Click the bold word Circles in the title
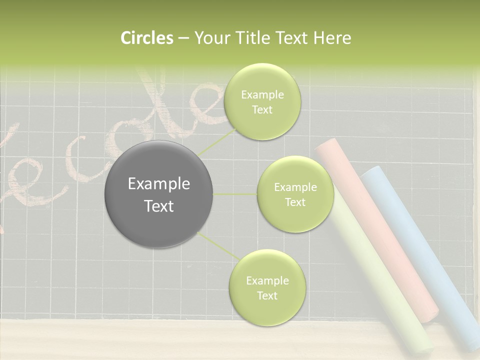pos(146,38)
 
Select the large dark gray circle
pos(159,194)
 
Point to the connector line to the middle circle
pos(235,194)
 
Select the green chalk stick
pos(380,280)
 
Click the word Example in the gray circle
pos(159,184)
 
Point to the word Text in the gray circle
pos(159,206)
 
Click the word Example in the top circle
pos(262,95)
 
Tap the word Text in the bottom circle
pos(267,295)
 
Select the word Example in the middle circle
pos(295,187)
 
